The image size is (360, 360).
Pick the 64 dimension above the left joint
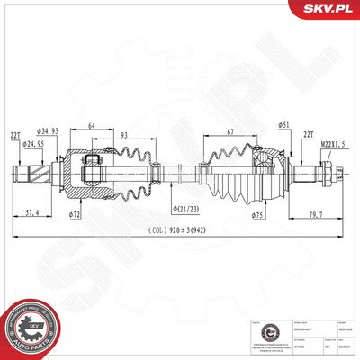tap(93, 126)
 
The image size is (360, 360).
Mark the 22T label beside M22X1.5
tap(309, 134)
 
